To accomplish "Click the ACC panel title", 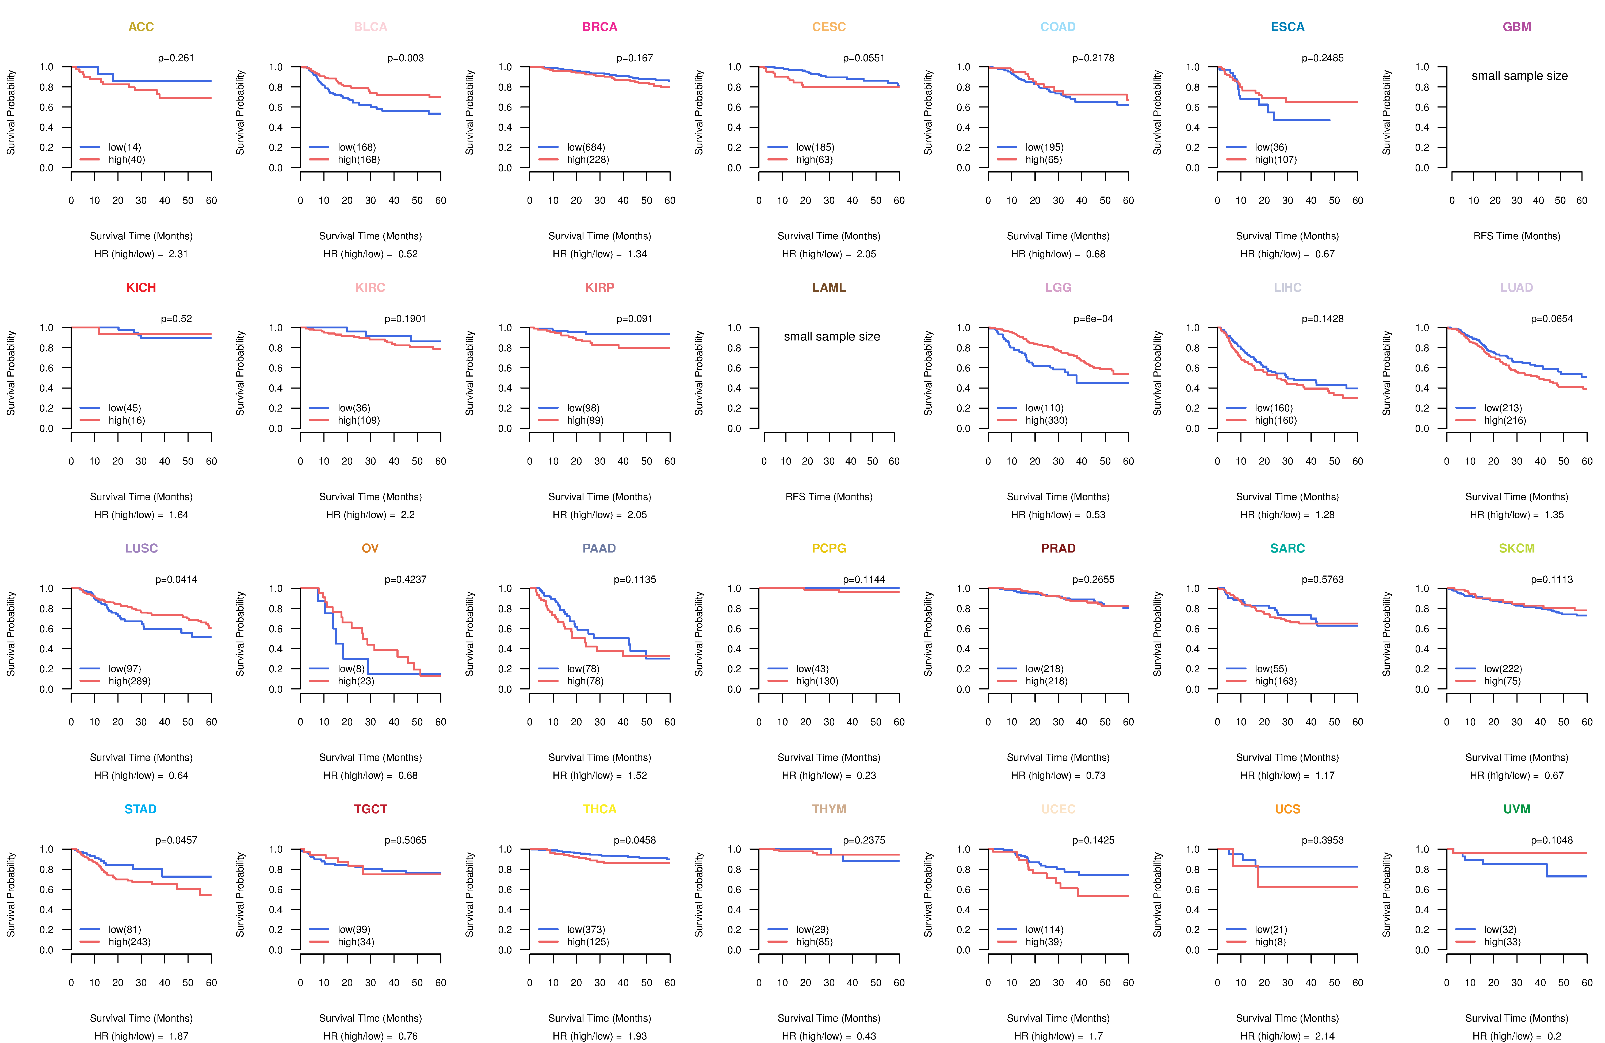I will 141,27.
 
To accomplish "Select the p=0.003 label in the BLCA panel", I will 405,58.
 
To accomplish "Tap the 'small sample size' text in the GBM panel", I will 1519,75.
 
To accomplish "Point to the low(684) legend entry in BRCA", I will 585,147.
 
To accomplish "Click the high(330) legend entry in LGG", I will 1046,420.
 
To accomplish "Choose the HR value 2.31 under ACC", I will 178,254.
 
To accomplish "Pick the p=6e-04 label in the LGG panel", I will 1093,319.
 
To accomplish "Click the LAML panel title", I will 829,288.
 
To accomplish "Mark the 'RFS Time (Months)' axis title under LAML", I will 829,497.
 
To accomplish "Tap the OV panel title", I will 370,548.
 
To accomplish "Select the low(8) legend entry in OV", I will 351,669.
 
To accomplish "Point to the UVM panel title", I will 1517,809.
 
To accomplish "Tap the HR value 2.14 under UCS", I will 1324,1036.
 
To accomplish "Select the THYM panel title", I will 829,809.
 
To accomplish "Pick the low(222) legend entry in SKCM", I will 1503,669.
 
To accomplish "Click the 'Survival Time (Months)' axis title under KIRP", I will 599,497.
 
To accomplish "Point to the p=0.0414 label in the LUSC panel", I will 176,580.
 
